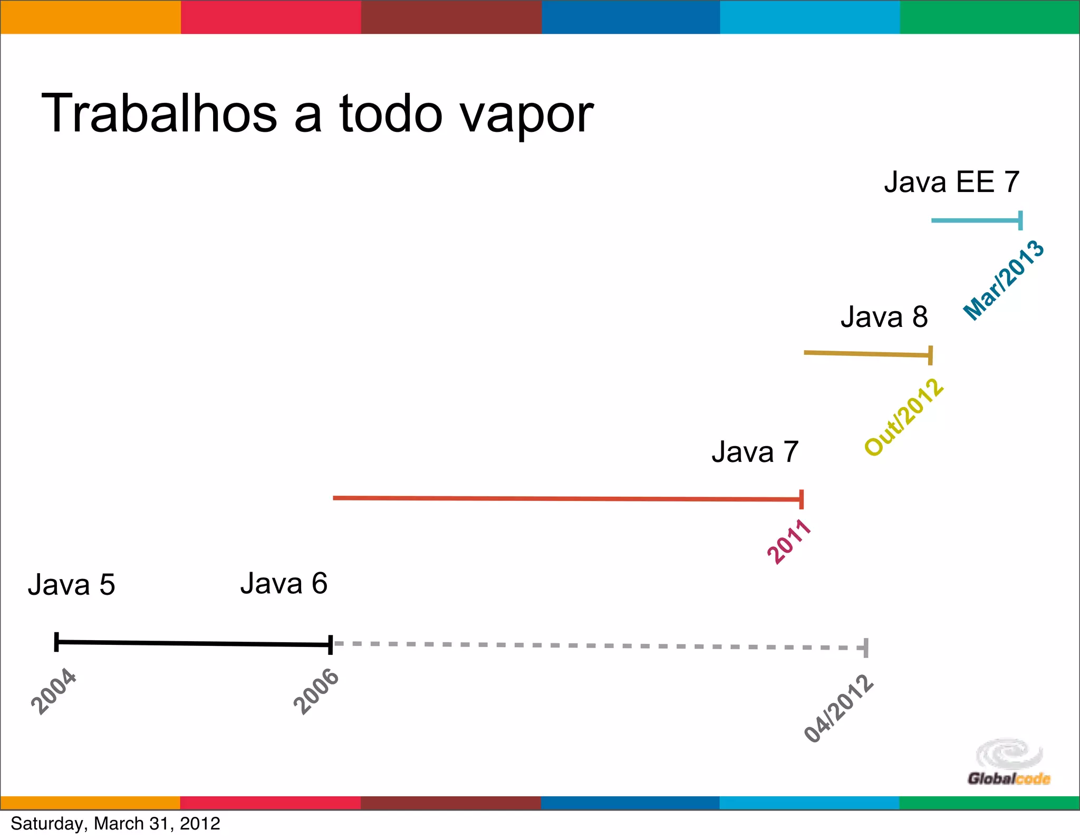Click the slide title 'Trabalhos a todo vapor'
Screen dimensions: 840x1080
click(317, 114)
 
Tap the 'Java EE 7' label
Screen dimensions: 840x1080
click(951, 182)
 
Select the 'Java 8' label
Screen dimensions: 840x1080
click(884, 317)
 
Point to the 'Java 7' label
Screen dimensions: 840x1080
click(755, 452)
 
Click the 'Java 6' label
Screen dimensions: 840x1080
click(284, 584)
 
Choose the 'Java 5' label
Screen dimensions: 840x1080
click(71, 585)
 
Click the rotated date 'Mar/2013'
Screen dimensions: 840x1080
click(1004, 280)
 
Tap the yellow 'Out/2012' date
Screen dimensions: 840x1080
click(904, 417)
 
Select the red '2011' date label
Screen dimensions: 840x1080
click(788, 542)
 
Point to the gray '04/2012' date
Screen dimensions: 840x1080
click(838, 709)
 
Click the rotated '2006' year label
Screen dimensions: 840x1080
click(316, 691)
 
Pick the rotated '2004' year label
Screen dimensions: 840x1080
click(54, 691)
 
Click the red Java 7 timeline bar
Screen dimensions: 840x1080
click(567, 498)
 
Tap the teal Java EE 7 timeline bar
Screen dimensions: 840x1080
click(976, 220)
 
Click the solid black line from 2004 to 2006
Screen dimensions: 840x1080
click(192, 643)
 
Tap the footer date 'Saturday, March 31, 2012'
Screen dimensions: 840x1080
click(115, 824)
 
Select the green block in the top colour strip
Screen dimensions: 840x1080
click(989, 17)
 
